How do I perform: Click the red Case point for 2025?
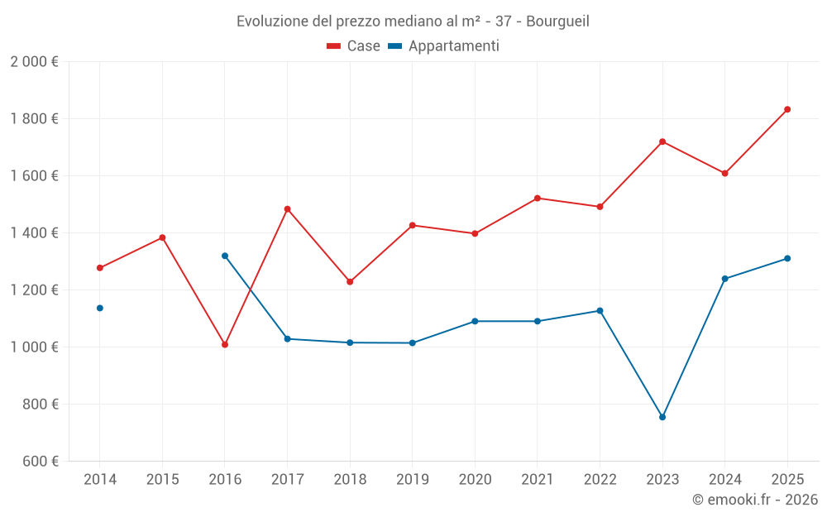pyautogui.click(x=787, y=109)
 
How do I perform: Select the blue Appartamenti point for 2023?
pyautogui.click(x=662, y=417)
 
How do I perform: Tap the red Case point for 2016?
pyautogui.click(x=225, y=344)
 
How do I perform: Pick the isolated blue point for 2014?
pyautogui.click(x=100, y=308)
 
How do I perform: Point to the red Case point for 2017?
pyautogui.click(x=287, y=209)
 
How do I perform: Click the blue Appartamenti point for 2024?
pyautogui.click(x=724, y=279)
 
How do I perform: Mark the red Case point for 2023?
pyautogui.click(x=662, y=141)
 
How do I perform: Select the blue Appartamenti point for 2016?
pyautogui.click(x=225, y=256)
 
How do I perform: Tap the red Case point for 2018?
pyautogui.click(x=350, y=282)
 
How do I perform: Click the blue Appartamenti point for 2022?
pyautogui.click(x=600, y=311)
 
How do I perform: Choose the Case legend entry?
pyautogui.click(x=354, y=46)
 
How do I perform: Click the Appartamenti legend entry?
pyautogui.click(x=444, y=46)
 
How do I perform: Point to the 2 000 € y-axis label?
pyautogui.click(x=34, y=62)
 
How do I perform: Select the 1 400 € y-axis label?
pyautogui.click(x=34, y=233)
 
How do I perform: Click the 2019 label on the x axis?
pyautogui.click(x=412, y=480)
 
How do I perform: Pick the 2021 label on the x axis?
pyautogui.click(x=537, y=480)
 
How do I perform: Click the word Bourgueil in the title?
pyautogui.click(x=558, y=22)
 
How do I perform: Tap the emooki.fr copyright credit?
pyautogui.click(x=755, y=500)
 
